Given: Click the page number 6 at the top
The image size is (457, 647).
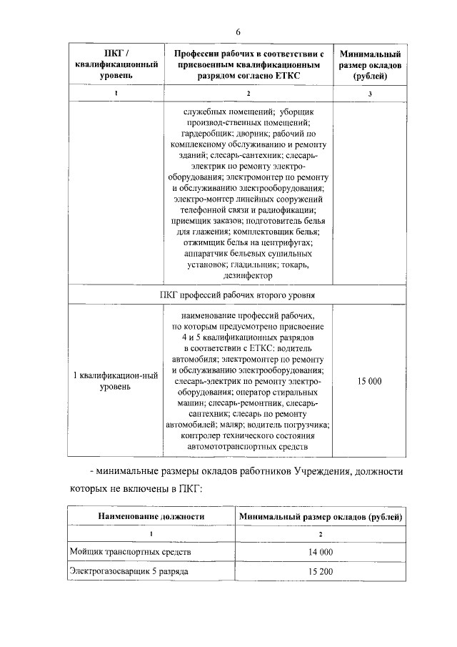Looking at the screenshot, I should point(238,32).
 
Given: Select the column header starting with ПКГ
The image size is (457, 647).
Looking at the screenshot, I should point(116,64).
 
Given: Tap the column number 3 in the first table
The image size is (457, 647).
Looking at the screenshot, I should point(370,94).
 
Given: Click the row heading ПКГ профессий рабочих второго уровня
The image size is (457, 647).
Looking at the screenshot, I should point(248,294).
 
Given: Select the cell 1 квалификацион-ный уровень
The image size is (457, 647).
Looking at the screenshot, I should point(116,380).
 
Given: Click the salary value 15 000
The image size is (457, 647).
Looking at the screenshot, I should point(369,381).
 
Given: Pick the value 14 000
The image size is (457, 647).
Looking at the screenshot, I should point(321,553).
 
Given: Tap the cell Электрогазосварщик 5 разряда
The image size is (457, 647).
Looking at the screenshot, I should point(129,572).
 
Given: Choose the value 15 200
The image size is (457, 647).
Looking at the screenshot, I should point(321,572).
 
